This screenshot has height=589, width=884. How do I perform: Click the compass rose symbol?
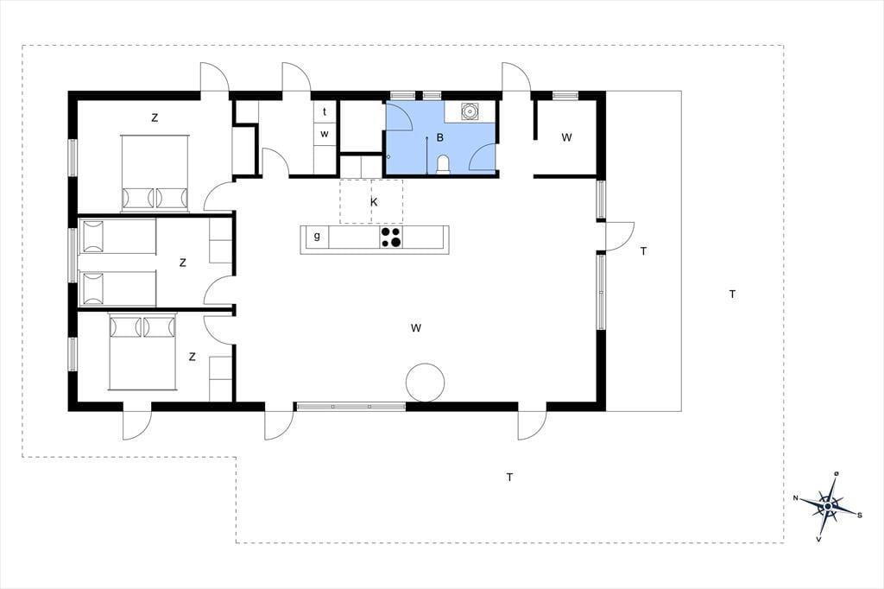(x=827, y=506)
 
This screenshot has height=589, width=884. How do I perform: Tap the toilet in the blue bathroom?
(x=443, y=165)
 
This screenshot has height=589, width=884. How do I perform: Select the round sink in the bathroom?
(x=469, y=111)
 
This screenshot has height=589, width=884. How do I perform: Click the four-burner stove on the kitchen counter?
(x=391, y=237)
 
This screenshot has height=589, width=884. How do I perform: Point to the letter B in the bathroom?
(x=440, y=137)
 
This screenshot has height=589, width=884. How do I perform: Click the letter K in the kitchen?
(x=374, y=202)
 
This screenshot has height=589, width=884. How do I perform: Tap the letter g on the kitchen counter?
(x=317, y=236)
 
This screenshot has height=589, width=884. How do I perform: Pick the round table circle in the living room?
(x=426, y=382)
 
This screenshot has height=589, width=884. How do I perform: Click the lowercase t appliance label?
(x=325, y=111)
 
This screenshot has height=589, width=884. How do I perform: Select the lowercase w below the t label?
(x=325, y=134)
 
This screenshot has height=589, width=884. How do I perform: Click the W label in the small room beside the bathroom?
(x=566, y=137)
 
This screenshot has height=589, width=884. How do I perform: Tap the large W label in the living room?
(x=416, y=328)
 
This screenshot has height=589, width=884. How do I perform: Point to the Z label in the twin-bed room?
(x=183, y=263)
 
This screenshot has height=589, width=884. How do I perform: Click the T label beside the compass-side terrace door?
(x=643, y=251)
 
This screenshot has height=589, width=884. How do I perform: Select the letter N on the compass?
(x=796, y=498)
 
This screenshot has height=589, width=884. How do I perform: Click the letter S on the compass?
(x=859, y=515)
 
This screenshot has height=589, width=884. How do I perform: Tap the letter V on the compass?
(x=818, y=540)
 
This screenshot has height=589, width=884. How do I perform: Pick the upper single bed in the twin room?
(x=117, y=237)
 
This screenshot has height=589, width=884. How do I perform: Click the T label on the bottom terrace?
(x=509, y=478)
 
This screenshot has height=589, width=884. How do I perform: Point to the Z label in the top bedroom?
(x=155, y=118)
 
